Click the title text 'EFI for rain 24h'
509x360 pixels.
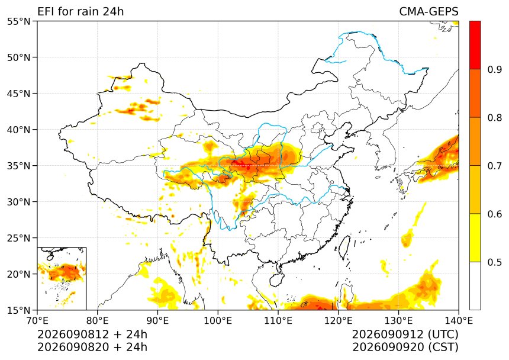coord(80,11)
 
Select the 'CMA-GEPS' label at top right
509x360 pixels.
coord(429,11)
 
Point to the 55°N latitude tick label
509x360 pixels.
coord(18,21)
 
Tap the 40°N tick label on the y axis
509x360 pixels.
coord(18,130)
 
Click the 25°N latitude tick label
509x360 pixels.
coord(18,238)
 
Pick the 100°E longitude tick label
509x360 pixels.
coord(218,321)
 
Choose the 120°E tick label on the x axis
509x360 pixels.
coord(339,321)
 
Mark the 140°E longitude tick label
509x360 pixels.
coord(458,321)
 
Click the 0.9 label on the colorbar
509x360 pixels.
coord(495,69)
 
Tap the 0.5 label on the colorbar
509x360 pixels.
coord(495,262)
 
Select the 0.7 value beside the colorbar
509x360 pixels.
coord(495,166)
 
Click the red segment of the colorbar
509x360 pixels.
coord(475,45)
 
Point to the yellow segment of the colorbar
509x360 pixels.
coord(475,237)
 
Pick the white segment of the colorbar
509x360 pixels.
coord(475,285)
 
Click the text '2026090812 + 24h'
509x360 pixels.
coord(92,334)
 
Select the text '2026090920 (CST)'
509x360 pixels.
coord(405,347)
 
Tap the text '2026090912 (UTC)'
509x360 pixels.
coord(405,334)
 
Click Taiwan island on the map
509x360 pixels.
coord(344,247)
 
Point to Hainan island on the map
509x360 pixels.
coord(277,279)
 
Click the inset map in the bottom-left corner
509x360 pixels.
coord(62,278)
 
